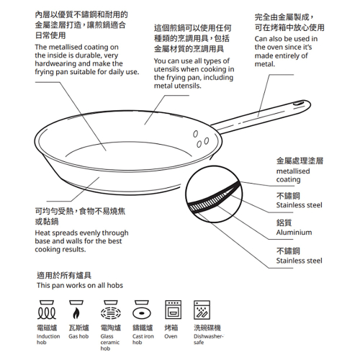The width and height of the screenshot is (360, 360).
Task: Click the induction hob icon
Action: coord(48,310)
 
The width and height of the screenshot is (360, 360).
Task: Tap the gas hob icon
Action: coord(78,310)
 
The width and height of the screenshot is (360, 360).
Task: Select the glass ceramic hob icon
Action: coord(110,310)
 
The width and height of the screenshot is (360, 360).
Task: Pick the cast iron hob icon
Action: coord(142,310)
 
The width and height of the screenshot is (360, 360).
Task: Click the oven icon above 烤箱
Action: coord(173,310)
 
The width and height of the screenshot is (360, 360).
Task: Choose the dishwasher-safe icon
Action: coord(204,310)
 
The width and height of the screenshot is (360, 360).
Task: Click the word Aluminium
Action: coord(294,233)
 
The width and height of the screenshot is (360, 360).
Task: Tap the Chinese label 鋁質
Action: coord(286,223)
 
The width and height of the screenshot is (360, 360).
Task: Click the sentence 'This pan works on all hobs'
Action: coord(79,286)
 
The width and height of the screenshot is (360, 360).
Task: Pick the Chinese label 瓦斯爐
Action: coord(78,328)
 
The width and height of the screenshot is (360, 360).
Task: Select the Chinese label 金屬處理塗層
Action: coord(300,162)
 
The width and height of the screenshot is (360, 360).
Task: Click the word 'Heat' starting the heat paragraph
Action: coord(43,233)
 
